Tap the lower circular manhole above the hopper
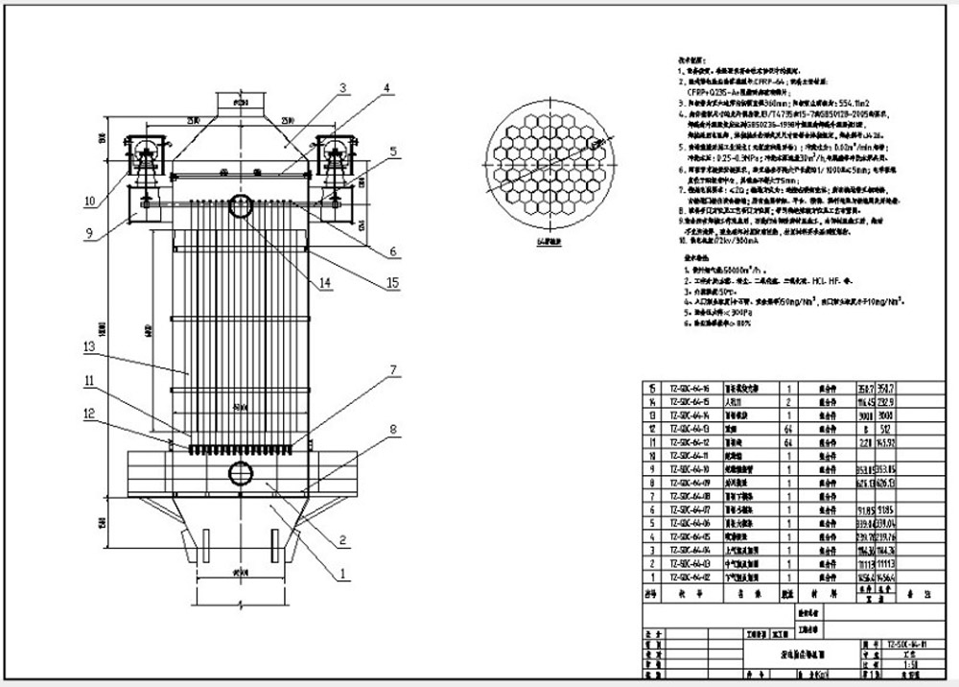tap(239, 472)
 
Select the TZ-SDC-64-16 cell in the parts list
tap(690, 387)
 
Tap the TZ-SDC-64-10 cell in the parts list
tap(690, 469)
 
